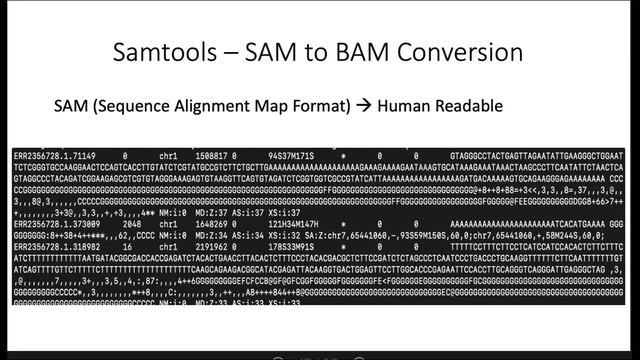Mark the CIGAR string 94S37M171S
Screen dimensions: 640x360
click(291, 158)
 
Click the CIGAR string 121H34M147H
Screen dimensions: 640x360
click(293, 224)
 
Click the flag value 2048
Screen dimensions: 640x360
click(125, 224)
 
